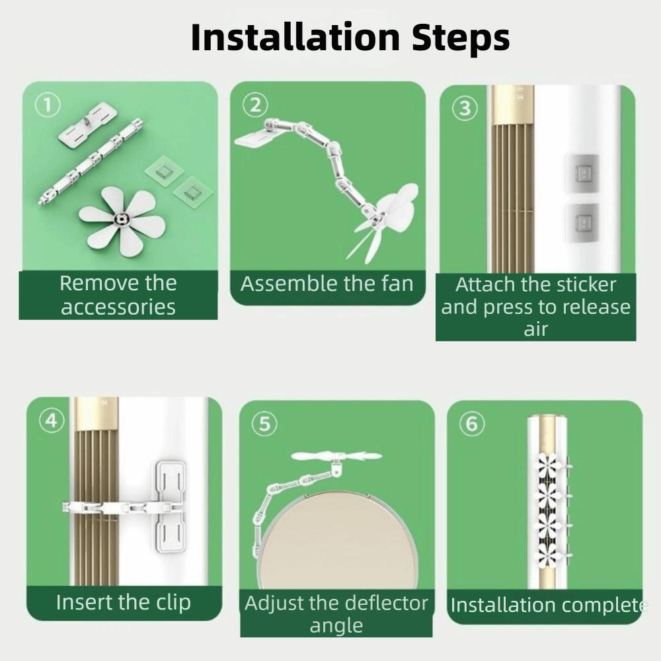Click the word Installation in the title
point(295,37)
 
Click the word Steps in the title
point(461,39)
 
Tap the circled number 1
point(48,105)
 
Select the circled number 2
point(255,105)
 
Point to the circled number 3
point(465,108)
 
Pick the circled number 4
point(52,420)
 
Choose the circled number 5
point(264,423)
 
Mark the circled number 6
point(472,423)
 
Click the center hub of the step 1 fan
point(122,219)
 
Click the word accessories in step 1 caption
point(118,307)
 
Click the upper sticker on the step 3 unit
point(582,173)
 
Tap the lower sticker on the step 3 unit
point(582,222)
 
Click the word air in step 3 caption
point(536,329)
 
